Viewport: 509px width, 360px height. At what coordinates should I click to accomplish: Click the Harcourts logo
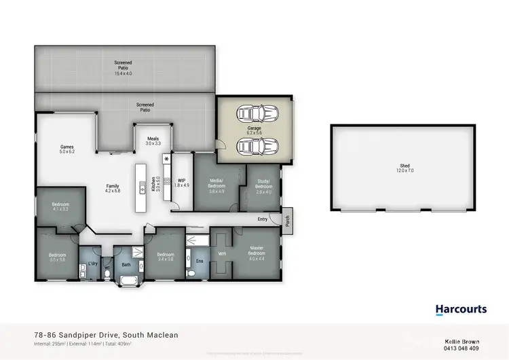tap(461, 309)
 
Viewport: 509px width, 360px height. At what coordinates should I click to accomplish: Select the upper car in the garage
tap(255, 113)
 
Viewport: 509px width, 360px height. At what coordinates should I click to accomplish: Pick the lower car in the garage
tap(255, 145)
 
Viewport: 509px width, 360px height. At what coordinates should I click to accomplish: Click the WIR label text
tap(221, 254)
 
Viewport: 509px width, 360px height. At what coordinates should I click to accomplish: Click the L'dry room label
tap(89, 255)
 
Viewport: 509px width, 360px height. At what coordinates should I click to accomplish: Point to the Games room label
tap(67, 147)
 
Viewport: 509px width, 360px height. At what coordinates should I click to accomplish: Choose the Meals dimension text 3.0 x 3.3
tap(153, 143)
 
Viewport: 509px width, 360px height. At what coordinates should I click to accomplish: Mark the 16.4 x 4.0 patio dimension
tap(123, 73)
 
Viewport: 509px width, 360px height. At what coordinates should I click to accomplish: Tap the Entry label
tap(263, 219)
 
